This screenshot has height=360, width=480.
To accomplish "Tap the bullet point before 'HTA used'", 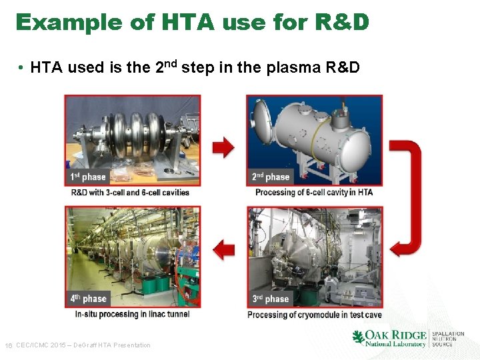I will point(22,67).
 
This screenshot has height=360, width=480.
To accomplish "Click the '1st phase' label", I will point(88,177).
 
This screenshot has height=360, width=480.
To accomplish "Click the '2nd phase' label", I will point(271,177).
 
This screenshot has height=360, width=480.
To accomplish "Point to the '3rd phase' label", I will point(270,299).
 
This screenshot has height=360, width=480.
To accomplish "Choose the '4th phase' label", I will point(88,299).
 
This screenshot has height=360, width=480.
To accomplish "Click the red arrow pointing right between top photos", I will point(223,146).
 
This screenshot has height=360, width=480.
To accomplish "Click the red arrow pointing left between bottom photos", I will point(223,250).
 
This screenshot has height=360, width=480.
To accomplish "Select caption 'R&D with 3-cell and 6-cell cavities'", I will point(130,193).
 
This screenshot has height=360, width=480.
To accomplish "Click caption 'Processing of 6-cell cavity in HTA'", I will point(313,193).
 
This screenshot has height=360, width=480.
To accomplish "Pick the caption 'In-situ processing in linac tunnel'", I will point(132,314).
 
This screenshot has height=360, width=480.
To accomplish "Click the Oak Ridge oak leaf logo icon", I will point(358,337).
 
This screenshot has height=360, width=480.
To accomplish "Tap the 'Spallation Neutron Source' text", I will point(448,339).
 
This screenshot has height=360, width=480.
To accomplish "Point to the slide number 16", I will point(9,345).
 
